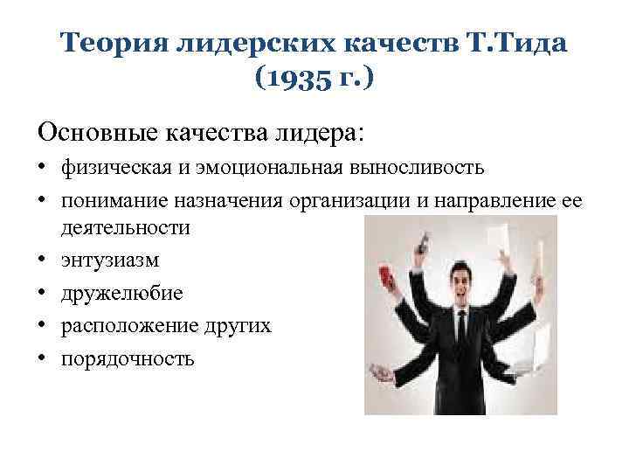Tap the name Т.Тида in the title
pyautogui.click(x=521, y=41)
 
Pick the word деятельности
pyautogui.click(x=125, y=228)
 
